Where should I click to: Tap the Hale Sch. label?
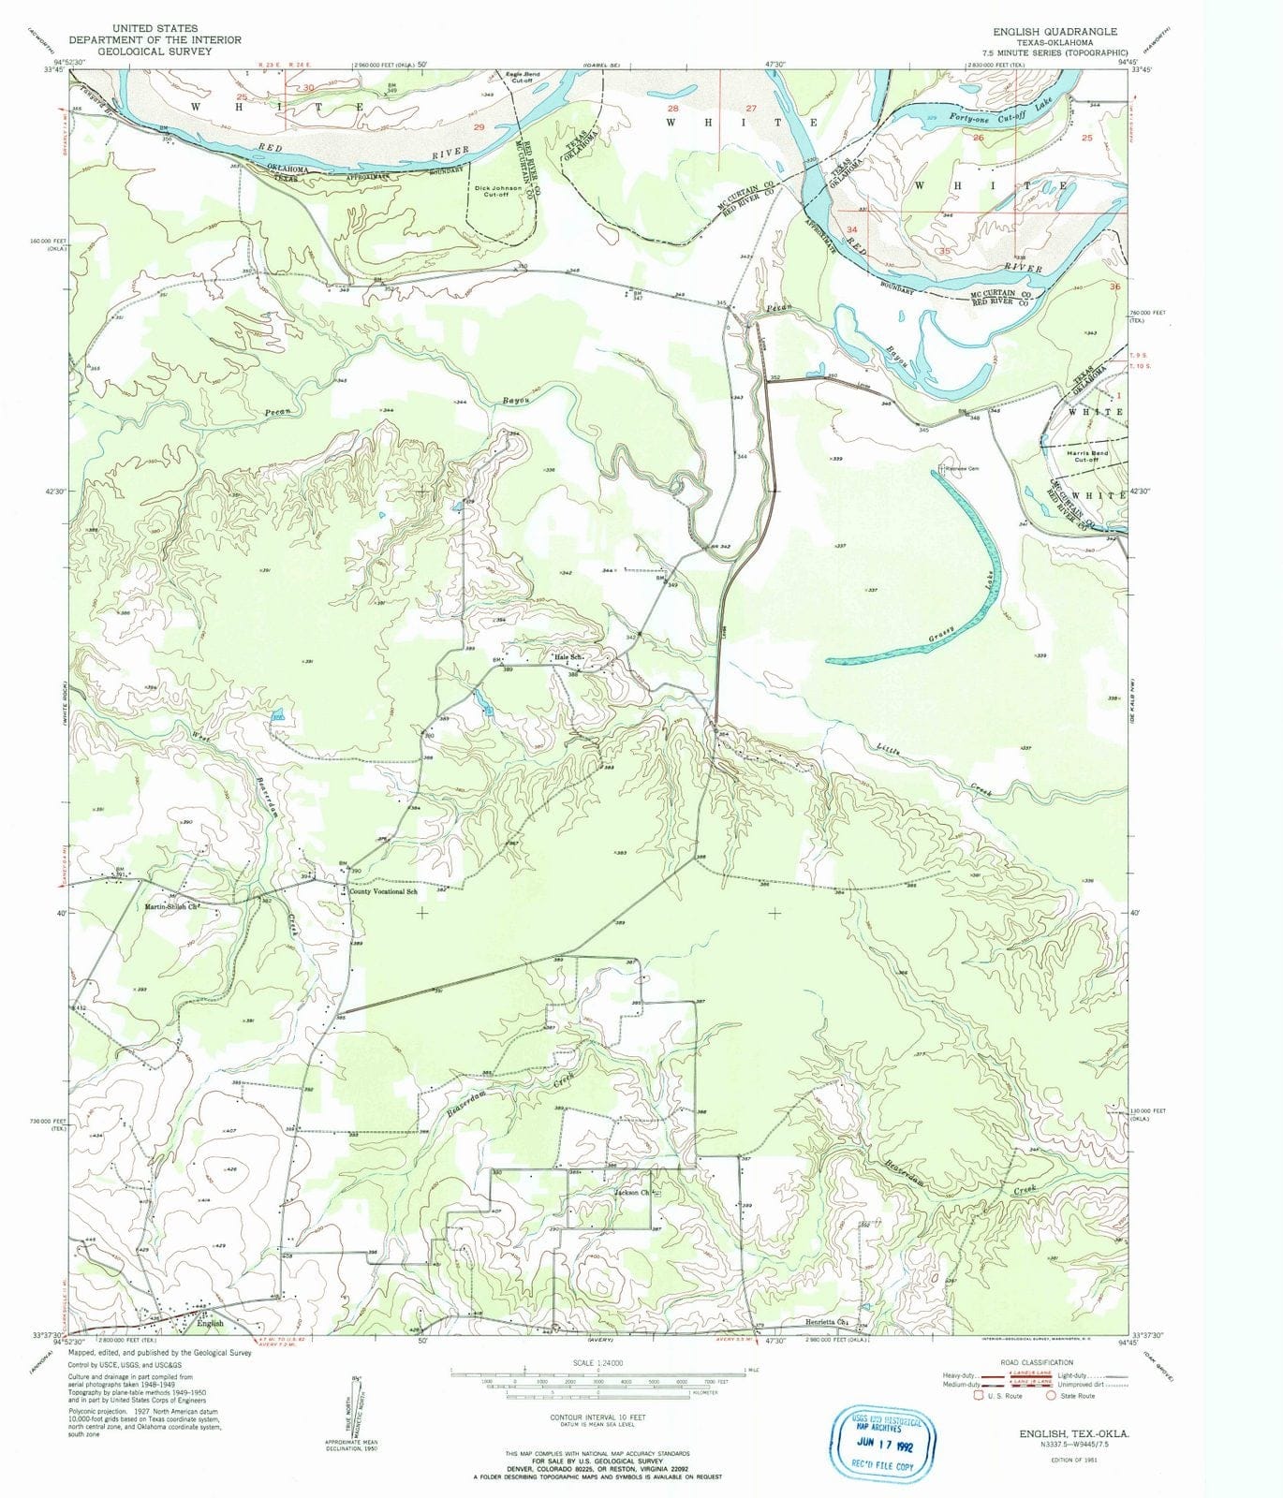pyautogui.click(x=569, y=657)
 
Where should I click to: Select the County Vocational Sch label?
pyautogui.click(x=383, y=891)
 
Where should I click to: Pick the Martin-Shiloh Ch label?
pyautogui.click(x=173, y=906)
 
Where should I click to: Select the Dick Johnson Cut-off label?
pyautogui.click(x=498, y=191)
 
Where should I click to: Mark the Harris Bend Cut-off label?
pyautogui.click(x=1085, y=456)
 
